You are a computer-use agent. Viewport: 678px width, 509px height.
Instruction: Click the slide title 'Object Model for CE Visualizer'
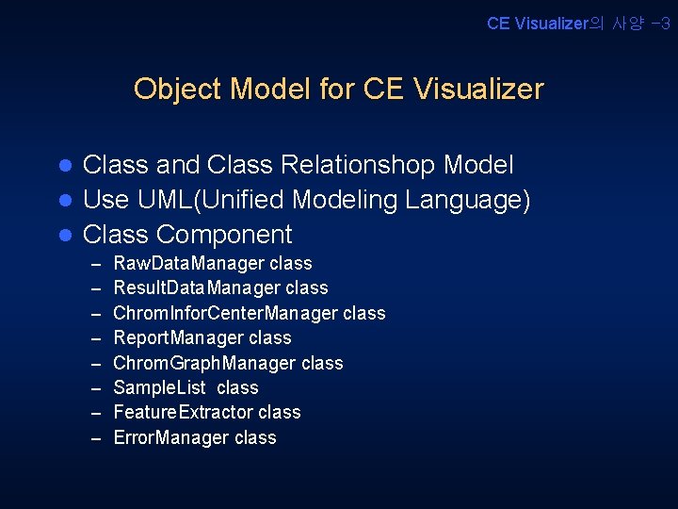(339, 89)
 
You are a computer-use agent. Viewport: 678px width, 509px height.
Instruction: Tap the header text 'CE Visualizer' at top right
(536, 24)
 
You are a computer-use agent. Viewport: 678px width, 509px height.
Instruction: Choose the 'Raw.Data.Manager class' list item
(212, 264)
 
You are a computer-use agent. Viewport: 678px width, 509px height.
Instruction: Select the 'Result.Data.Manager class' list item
(220, 288)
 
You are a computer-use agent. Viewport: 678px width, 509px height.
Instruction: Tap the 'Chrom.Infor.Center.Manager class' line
(249, 313)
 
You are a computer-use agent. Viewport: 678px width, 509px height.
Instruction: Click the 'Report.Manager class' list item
(202, 337)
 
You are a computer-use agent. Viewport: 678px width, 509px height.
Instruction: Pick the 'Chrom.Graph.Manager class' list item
(228, 363)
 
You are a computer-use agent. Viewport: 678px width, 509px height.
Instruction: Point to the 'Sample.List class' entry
(186, 387)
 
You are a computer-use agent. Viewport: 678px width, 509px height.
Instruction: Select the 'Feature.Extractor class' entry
(207, 412)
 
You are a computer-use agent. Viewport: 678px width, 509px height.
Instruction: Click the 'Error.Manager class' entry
(195, 437)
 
